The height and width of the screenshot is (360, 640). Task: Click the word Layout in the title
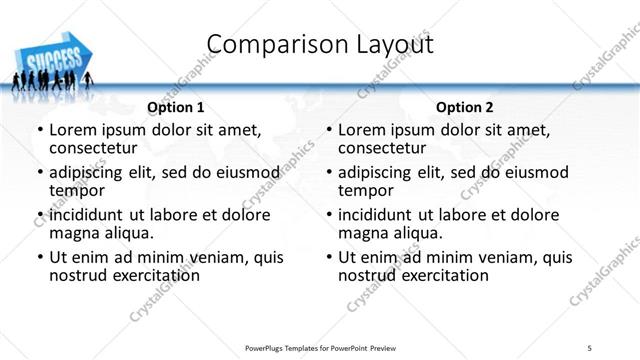coord(387,44)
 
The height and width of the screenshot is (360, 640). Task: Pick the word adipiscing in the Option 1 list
coord(91,172)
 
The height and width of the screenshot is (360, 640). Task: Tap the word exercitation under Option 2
coord(440,275)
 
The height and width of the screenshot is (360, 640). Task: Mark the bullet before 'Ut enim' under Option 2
coord(329,258)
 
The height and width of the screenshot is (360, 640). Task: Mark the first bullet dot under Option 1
coord(40,130)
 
